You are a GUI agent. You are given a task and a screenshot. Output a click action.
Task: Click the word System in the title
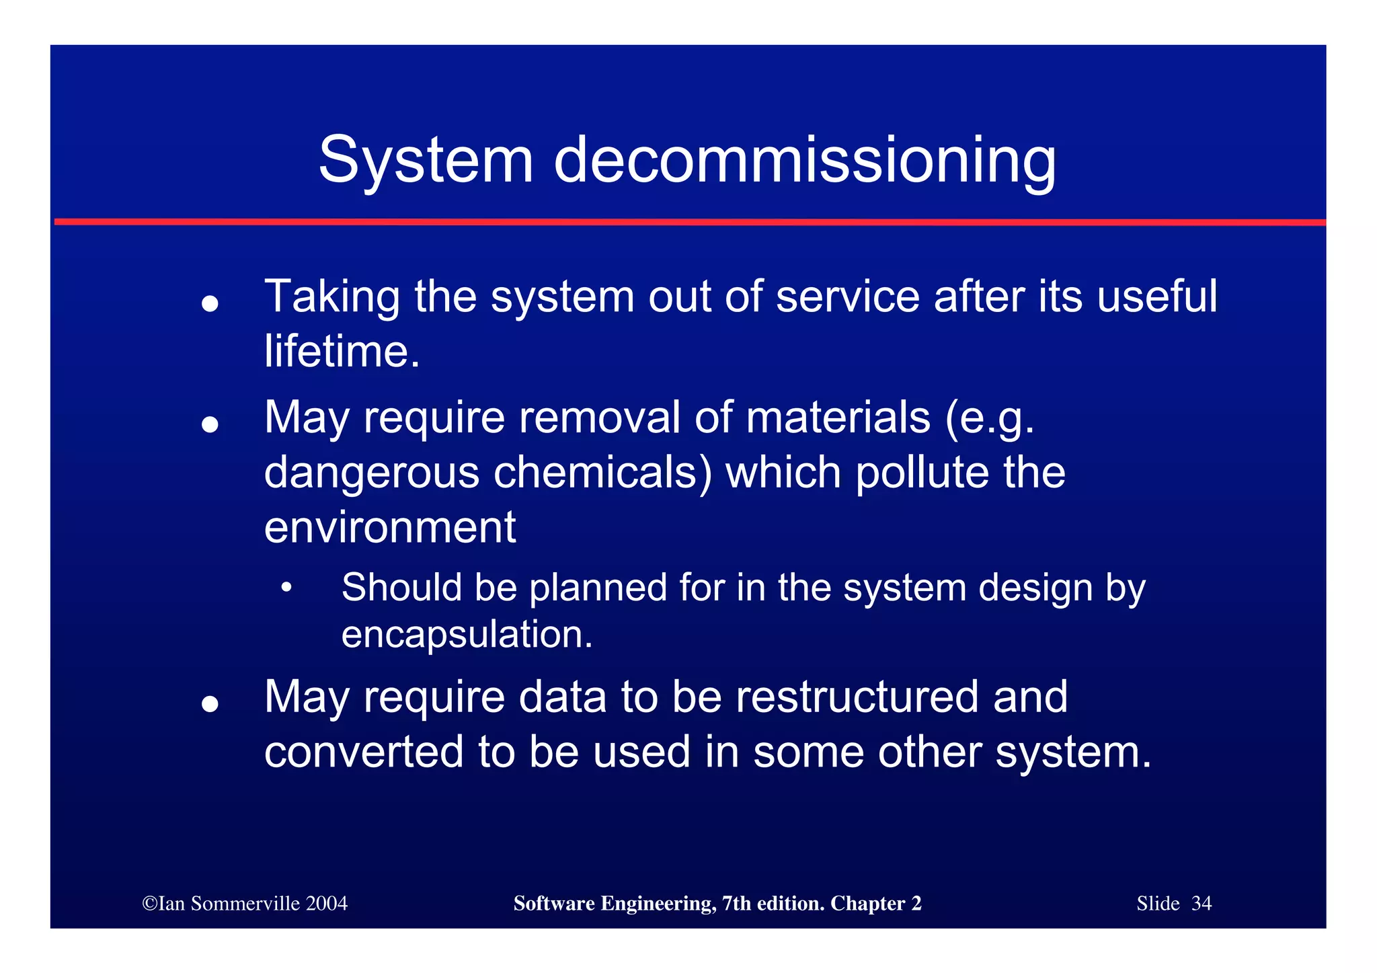pyautogui.click(x=426, y=160)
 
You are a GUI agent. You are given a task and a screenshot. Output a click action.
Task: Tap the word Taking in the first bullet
pyautogui.click(x=332, y=297)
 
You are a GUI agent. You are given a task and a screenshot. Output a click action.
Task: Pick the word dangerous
pyautogui.click(x=372, y=473)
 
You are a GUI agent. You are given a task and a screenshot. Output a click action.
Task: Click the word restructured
pyautogui.click(x=857, y=697)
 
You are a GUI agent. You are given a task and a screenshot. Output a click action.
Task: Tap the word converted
pyautogui.click(x=364, y=752)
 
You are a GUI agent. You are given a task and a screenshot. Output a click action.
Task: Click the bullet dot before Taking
pyautogui.click(x=210, y=304)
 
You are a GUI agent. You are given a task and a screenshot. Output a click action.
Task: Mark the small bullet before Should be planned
pyautogui.click(x=287, y=588)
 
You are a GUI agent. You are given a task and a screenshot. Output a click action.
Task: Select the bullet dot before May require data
pyautogui.click(x=210, y=703)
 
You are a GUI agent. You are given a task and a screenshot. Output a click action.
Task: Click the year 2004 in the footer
pyautogui.click(x=326, y=903)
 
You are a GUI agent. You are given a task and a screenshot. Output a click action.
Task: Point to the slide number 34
pyautogui.click(x=1201, y=903)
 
